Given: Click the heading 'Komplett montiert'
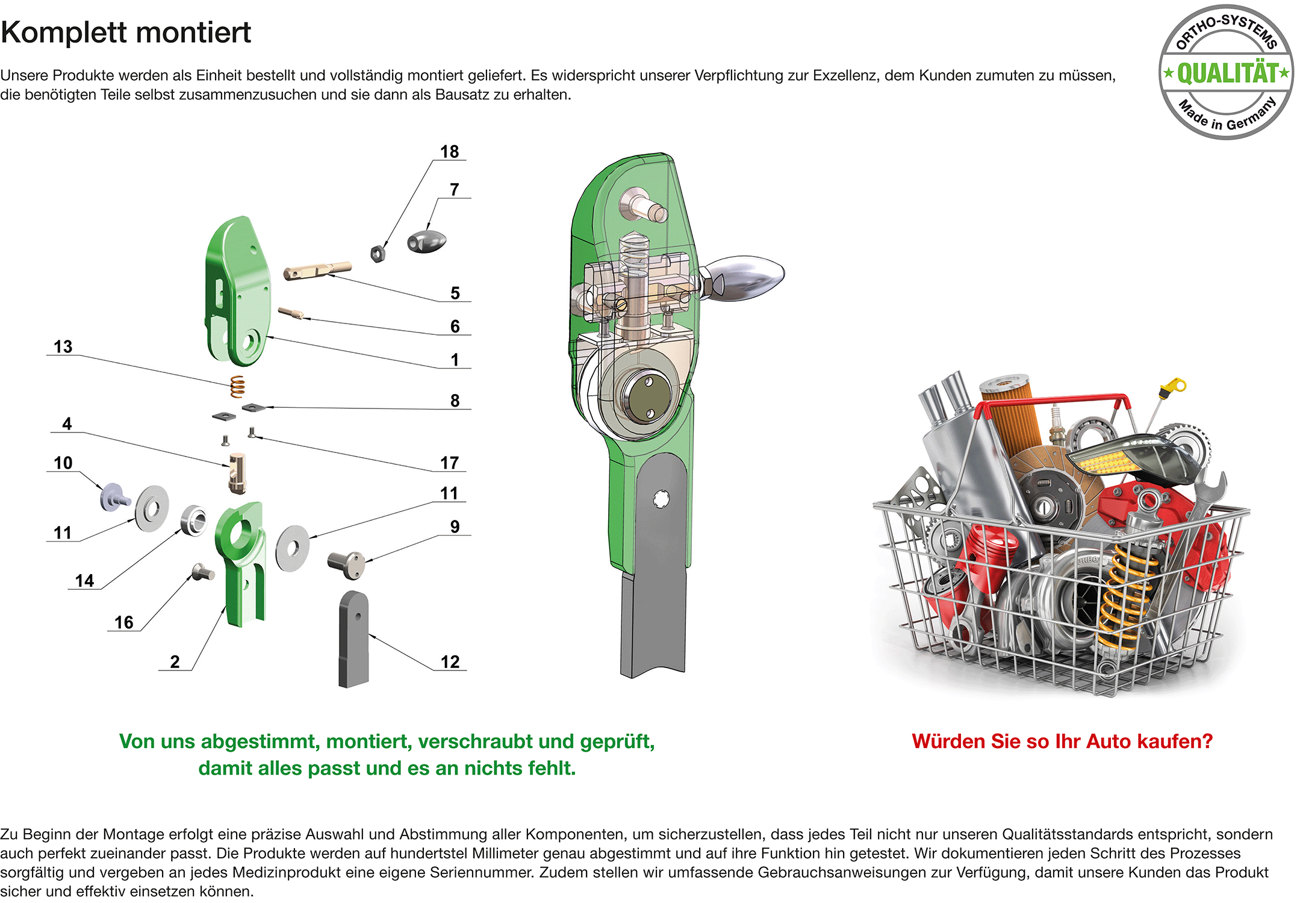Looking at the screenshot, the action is click(x=126, y=33).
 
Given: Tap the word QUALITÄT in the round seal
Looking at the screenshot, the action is click(x=1227, y=73).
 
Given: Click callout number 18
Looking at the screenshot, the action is click(x=449, y=151).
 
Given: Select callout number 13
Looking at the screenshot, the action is click(x=63, y=346).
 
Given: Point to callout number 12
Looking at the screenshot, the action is click(x=450, y=661).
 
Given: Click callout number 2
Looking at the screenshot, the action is click(x=175, y=661).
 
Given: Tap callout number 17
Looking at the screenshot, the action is click(x=449, y=463).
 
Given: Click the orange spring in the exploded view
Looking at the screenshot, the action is click(x=238, y=386).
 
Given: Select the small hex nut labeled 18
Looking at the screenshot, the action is click(x=378, y=253).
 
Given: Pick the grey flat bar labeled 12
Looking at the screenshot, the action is click(x=353, y=639).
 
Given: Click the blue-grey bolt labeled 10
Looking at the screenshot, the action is click(x=114, y=498).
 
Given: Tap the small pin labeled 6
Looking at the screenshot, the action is click(x=291, y=313).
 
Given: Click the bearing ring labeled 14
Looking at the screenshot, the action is click(x=194, y=520).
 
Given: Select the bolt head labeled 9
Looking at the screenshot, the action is click(x=347, y=564).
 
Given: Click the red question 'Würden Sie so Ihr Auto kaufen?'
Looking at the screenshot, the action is click(x=1062, y=741).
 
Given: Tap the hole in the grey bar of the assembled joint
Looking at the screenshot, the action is click(x=661, y=499).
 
